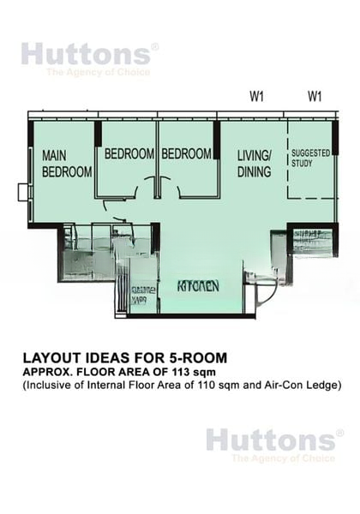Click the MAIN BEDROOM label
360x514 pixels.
[x=67, y=164]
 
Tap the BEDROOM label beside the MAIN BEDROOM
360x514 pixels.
[x=129, y=154]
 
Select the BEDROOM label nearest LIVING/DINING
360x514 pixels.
[x=186, y=154]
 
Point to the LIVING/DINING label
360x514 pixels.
[x=254, y=163]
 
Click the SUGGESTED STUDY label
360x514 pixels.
[x=310, y=157]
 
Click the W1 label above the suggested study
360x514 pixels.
[x=315, y=96]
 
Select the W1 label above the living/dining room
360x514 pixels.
[x=256, y=96]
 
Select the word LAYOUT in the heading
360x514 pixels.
[x=52, y=357]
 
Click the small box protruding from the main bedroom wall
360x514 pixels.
[x=23, y=191]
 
